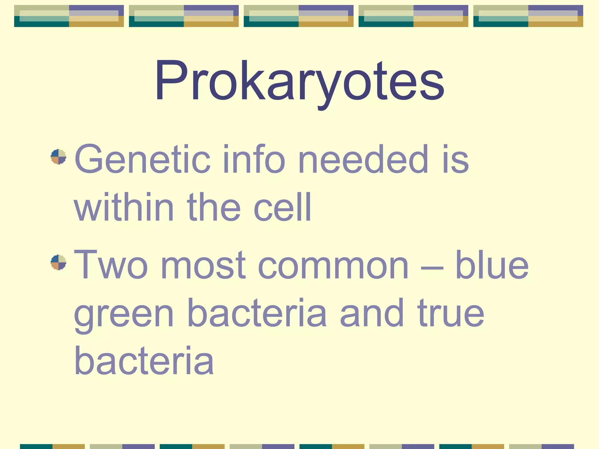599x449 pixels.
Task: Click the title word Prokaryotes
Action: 299,80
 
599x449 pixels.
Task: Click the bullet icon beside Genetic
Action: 58,157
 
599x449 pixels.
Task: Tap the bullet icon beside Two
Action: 58,262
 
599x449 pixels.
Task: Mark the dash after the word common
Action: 432,267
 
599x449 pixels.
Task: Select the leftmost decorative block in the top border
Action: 69,16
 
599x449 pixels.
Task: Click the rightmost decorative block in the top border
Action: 528,16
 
